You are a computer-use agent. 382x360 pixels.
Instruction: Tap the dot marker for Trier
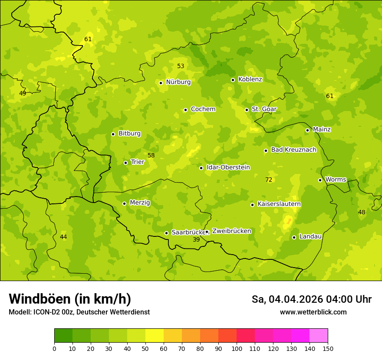pyautogui.click(x=126, y=163)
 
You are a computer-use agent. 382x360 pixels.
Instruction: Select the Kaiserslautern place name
pyautogui.click(x=279, y=204)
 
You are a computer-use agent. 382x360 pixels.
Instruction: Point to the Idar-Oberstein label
pyautogui.click(x=228, y=167)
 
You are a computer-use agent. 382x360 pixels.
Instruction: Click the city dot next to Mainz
pyautogui.click(x=307, y=130)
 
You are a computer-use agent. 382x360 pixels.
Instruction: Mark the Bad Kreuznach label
pyautogui.click(x=293, y=150)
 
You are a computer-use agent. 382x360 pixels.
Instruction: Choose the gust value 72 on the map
pyautogui.click(x=269, y=180)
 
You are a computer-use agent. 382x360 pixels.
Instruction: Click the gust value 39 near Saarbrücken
pyautogui.click(x=196, y=239)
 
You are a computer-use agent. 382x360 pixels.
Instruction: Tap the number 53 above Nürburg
pyautogui.click(x=181, y=66)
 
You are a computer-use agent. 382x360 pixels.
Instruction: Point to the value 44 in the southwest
pyautogui.click(x=63, y=237)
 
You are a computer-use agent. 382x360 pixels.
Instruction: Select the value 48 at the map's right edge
pyautogui.click(x=362, y=212)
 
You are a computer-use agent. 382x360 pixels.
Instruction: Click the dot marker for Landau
pyautogui.click(x=294, y=237)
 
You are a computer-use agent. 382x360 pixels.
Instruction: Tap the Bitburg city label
pyautogui.click(x=129, y=134)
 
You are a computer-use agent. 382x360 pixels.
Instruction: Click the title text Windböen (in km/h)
pyautogui.click(x=70, y=299)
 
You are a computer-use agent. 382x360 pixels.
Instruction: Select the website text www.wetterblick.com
pyautogui.click(x=313, y=312)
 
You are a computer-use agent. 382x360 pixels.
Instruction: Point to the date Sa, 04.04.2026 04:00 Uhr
pyautogui.click(x=311, y=299)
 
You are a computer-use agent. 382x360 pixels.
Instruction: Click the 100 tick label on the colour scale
pyautogui.click(x=237, y=348)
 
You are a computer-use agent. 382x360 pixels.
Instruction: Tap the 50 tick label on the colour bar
pyautogui.click(x=145, y=348)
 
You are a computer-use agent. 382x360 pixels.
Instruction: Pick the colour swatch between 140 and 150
pyautogui.click(x=319, y=336)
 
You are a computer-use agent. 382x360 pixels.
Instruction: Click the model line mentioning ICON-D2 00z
pyautogui.click(x=79, y=312)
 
